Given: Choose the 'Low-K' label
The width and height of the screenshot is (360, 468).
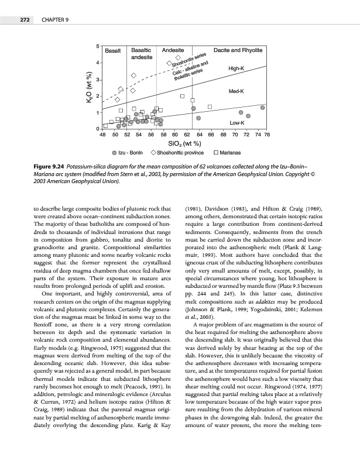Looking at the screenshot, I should pyautogui.click(x=236, y=123).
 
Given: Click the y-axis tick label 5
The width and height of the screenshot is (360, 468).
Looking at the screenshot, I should pyautogui.click(x=97, y=46).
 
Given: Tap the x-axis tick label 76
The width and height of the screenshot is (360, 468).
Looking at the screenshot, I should pyautogui.click(x=266, y=135).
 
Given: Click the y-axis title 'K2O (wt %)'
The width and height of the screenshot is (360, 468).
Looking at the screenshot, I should pyautogui.click(x=88, y=88).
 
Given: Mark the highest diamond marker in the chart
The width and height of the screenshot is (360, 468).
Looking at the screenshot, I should pyautogui.click(x=178, y=57).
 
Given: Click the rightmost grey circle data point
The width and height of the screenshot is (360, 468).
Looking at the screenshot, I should pyautogui.click(x=263, y=108).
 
